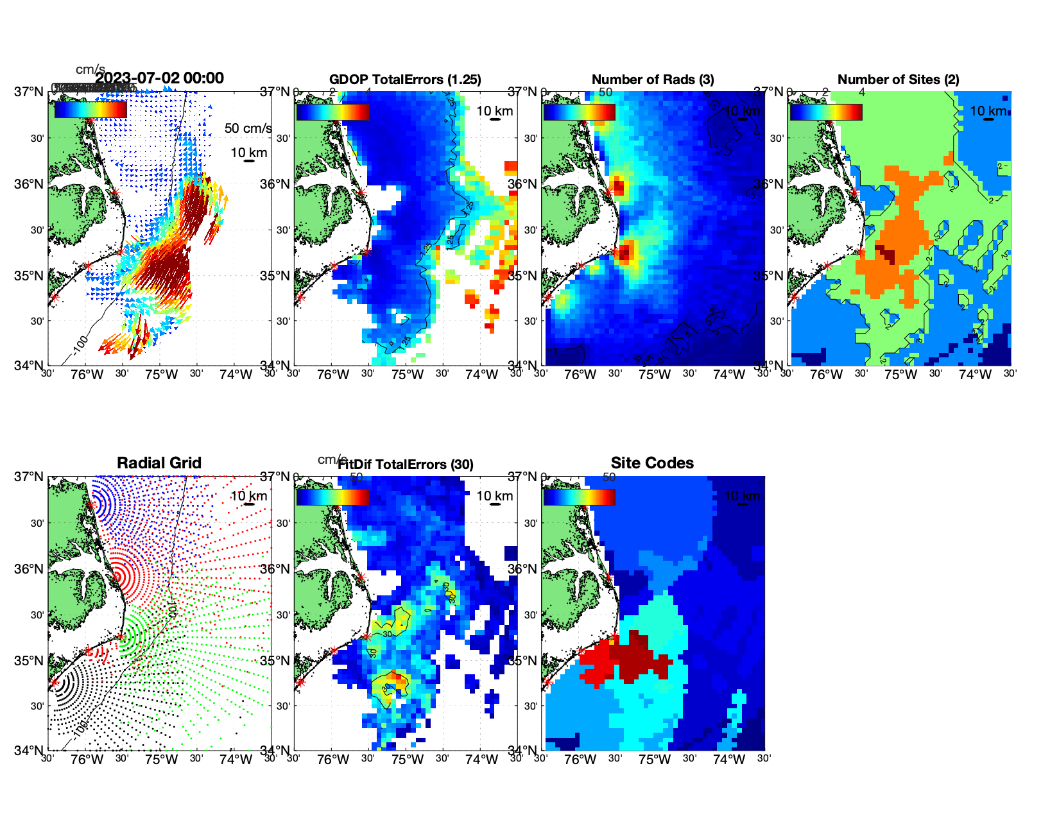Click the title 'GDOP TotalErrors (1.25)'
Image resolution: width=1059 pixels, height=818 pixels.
[405, 80]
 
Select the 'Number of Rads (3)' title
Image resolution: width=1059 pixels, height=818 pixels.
[652, 80]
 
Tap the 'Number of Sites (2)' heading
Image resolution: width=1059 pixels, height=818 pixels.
[898, 80]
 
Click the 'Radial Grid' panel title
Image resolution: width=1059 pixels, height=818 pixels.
[159, 463]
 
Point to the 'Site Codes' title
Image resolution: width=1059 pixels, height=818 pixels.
[652, 463]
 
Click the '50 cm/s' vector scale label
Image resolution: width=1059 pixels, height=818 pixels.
[248, 128]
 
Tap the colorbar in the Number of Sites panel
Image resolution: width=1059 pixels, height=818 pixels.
[826, 112]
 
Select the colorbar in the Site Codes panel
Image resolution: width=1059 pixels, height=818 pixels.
[579, 497]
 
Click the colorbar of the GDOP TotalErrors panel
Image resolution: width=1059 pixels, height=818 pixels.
[332, 112]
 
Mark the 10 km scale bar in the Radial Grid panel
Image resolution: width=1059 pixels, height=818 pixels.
[249, 504]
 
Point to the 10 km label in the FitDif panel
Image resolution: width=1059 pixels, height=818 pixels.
[494, 496]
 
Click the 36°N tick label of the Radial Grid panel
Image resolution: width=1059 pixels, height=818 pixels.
[29, 569]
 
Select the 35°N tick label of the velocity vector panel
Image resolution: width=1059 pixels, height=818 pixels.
[29, 276]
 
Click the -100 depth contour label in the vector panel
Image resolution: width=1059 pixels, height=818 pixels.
[80, 345]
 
